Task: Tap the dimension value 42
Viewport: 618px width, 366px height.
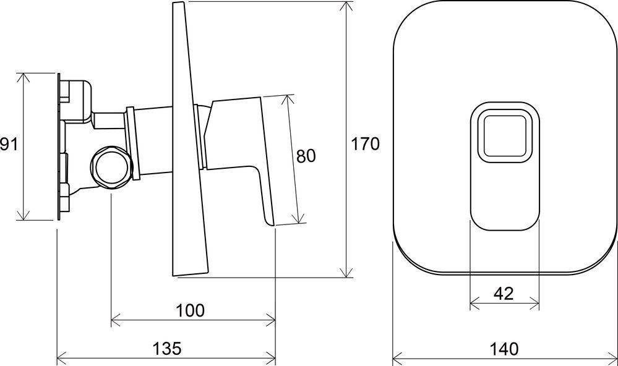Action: click(504, 294)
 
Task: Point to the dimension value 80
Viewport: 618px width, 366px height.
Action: click(306, 156)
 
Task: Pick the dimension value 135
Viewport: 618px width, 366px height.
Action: click(166, 349)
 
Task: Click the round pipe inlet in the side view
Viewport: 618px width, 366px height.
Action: click(110, 167)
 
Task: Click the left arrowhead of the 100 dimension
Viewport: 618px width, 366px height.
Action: click(114, 320)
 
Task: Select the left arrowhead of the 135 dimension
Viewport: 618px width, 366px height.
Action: click(60, 358)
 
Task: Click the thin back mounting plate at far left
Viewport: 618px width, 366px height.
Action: click(59, 147)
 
